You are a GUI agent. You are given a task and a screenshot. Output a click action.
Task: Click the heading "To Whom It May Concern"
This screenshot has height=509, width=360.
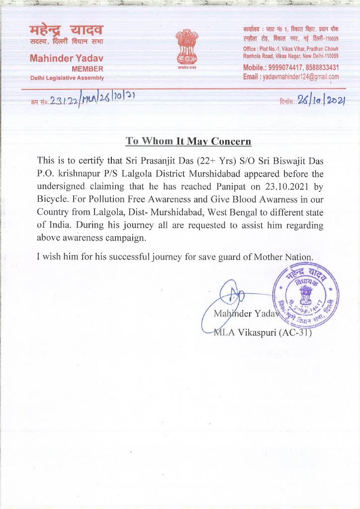(188, 141)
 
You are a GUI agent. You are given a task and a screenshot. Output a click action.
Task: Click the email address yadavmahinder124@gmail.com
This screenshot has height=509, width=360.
(301, 77)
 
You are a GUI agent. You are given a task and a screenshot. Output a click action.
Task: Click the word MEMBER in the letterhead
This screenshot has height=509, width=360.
(88, 69)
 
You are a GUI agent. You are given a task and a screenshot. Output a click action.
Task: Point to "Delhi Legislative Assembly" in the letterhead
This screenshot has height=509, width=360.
(67, 78)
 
